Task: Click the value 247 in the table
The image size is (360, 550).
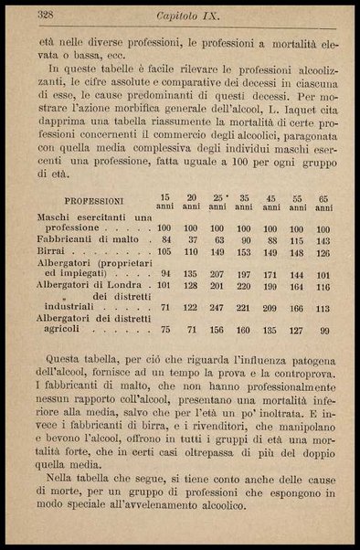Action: point(217,309)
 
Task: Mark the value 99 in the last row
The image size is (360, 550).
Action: point(324,330)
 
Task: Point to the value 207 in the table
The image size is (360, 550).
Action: point(217,273)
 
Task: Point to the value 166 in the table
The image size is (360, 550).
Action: point(297,309)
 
